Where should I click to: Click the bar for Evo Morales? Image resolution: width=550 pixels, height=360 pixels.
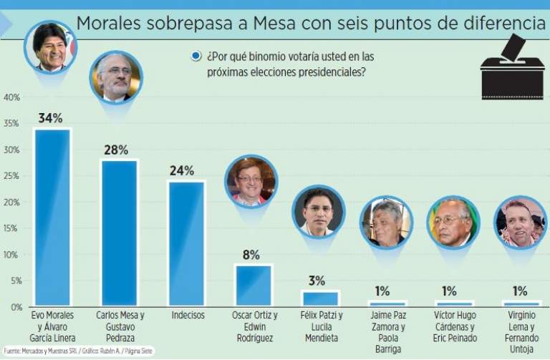coord(52,218)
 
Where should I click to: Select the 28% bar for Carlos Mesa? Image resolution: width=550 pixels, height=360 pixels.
coord(119,233)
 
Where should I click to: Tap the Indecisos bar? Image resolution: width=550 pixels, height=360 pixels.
coord(186,243)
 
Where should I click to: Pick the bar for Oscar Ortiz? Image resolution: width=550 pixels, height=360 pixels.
coord(254,286)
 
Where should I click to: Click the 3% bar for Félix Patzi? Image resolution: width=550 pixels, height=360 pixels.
coord(319,298)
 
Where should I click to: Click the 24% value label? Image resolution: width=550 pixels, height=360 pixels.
coord(182,171)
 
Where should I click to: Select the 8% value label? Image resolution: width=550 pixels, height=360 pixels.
coord(251,255)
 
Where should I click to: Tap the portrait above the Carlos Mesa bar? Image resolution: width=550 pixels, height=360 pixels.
coord(116,77)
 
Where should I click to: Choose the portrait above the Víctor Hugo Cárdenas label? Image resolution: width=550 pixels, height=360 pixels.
coord(453,222)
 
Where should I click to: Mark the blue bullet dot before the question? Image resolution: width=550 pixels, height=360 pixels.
coord(196,57)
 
